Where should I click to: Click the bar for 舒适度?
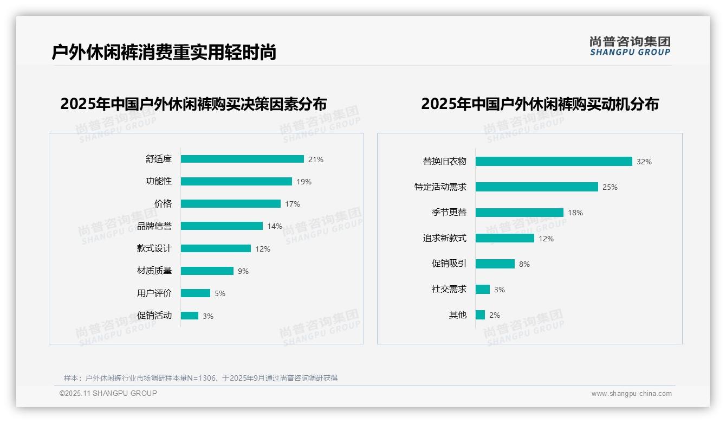pos(242,159)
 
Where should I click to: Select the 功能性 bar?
pos(236,182)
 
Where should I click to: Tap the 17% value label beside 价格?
pos(293,204)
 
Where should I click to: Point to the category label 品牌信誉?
pos(154,226)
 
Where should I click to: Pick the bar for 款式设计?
pos(216,248)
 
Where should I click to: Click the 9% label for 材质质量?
pos(243,271)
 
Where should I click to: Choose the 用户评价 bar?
pos(196,293)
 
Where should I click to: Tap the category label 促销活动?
pos(154,316)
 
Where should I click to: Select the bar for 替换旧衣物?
pos(554,162)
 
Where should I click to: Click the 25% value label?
pos(610,187)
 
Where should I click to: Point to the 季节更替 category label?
pos(449,213)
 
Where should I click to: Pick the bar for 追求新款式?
pos(505,238)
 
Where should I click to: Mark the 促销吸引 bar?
pos(495,264)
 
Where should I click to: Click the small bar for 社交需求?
pos(483,290)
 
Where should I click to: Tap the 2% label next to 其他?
pos(495,315)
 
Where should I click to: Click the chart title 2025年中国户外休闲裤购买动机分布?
pos(540,104)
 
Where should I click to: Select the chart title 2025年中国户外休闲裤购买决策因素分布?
pos(193,104)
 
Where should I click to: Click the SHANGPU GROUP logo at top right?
pos(630,46)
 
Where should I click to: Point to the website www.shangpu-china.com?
pos(631,394)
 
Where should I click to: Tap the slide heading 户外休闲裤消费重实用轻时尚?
pos(164,52)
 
